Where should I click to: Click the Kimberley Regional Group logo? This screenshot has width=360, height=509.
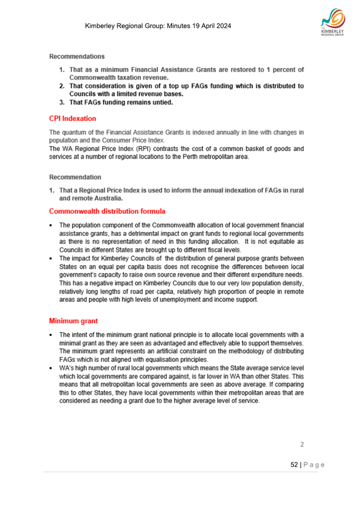tap(333, 25)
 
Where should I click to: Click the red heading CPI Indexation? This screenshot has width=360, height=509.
tap(73, 118)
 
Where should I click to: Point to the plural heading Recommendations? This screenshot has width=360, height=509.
tap(77, 56)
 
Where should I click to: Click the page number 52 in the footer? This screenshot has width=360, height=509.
tap(294, 465)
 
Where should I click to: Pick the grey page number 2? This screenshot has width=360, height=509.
tap(301, 443)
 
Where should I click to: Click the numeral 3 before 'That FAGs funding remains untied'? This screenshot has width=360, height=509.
tap(62, 102)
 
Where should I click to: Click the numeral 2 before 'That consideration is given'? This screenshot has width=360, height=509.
tap(62, 86)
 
